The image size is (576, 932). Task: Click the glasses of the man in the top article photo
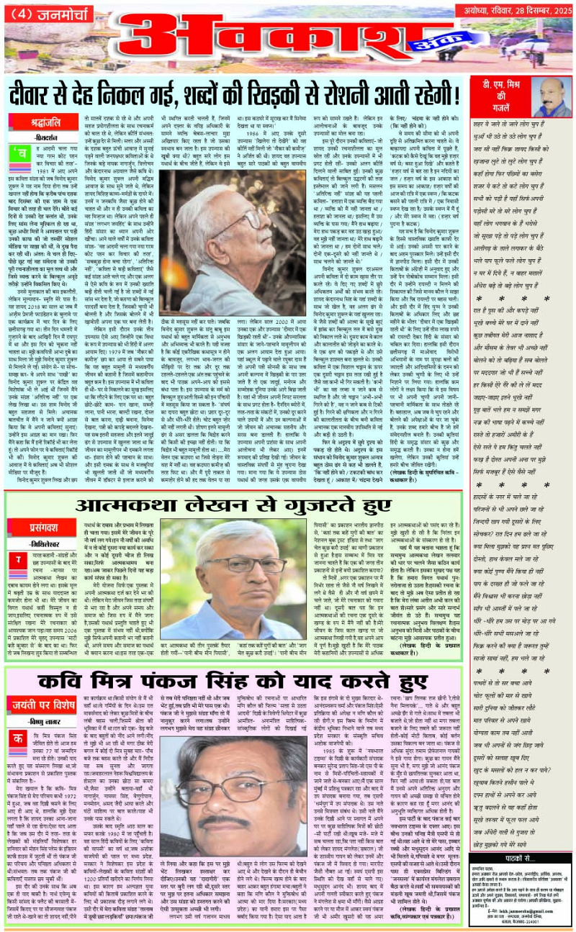(232, 213)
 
